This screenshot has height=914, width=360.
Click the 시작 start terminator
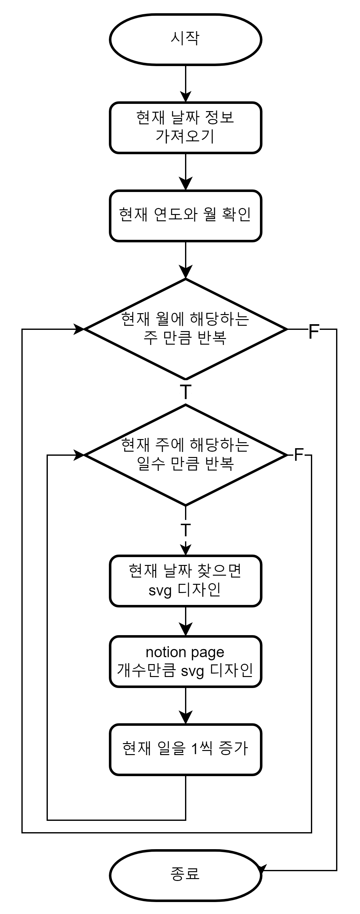tap(185, 39)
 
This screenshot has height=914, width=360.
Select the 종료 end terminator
tap(185, 875)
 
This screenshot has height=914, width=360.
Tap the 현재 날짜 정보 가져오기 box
tap(185, 128)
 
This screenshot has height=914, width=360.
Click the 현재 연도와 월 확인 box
tap(185, 216)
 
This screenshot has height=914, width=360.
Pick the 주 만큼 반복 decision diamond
tap(185, 329)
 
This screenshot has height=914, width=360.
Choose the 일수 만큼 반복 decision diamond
tap(185, 454)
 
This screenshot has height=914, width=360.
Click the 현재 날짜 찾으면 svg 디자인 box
tap(185, 581)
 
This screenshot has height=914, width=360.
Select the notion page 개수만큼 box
tap(185, 661)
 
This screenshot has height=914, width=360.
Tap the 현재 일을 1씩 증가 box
tap(185, 749)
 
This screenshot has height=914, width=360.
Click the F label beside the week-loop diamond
tap(314, 331)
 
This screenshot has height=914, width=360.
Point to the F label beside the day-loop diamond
tap(299, 455)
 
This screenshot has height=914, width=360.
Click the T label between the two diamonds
tap(185, 392)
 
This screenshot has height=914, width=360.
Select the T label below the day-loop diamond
tap(185, 530)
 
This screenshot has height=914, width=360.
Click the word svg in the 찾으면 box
tap(160, 590)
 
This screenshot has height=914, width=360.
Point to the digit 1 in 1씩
tap(195, 749)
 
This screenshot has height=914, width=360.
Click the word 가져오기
tap(185, 136)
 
